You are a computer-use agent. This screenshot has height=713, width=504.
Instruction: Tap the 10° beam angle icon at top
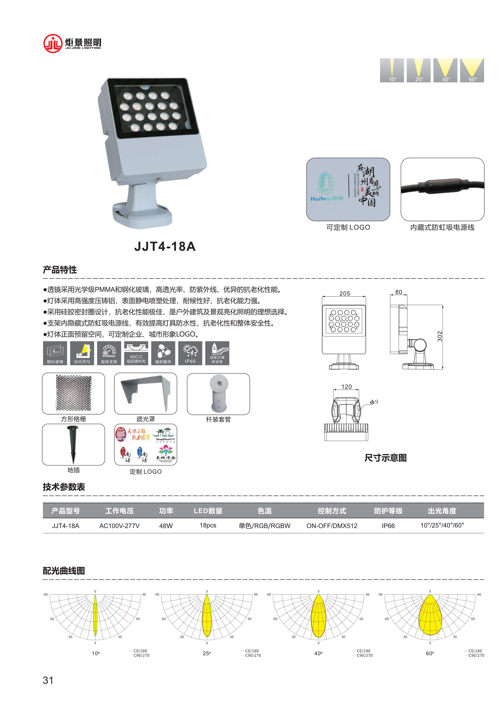[392, 70]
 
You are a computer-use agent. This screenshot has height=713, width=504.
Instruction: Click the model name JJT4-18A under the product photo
[165, 246]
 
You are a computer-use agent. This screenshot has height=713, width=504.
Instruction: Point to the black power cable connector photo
[442, 189]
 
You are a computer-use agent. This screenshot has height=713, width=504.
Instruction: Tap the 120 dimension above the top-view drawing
[347, 387]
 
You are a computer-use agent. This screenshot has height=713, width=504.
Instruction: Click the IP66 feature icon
[190, 353]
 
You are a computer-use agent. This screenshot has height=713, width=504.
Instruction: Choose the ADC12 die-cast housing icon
[136, 353]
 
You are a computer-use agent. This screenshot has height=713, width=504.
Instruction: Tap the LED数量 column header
[208, 511]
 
